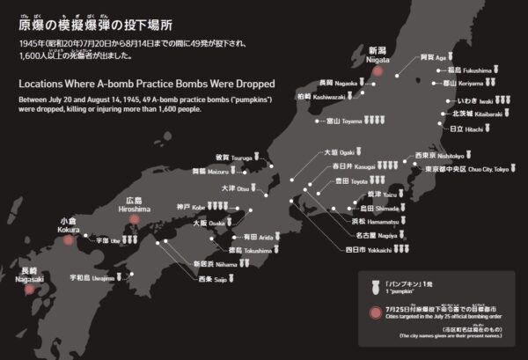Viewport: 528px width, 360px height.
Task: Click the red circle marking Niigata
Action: (379, 73)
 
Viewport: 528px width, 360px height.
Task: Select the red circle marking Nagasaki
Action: (29, 287)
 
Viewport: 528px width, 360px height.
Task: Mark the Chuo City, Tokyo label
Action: (466, 168)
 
